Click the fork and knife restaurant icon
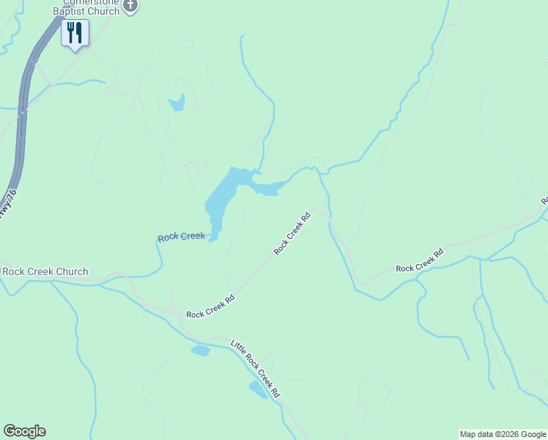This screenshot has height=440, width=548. point(75,33)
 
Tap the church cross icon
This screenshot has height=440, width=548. point(130,6)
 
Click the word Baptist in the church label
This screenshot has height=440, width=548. point(70,12)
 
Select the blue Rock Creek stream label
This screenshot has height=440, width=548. point(181,236)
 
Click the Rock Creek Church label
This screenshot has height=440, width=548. point(45,271)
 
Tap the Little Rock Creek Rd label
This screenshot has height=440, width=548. point(256,368)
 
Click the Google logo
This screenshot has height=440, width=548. point(24,431)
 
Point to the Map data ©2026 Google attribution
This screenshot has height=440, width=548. point(502,434)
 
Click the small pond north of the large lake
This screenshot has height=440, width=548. point(177,103)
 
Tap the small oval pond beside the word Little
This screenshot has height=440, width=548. point(201,350)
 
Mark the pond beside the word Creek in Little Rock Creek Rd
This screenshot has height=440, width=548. point(258,389)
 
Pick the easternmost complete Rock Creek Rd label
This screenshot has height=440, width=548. point(420,260)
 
